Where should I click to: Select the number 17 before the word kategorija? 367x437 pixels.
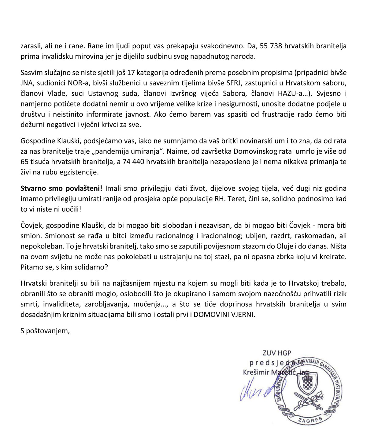pos(131,73)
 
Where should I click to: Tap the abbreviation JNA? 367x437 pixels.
pos(27,83)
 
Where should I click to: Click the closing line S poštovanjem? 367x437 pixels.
pos(45,331)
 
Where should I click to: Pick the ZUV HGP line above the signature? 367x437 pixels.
pos(277,353)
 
